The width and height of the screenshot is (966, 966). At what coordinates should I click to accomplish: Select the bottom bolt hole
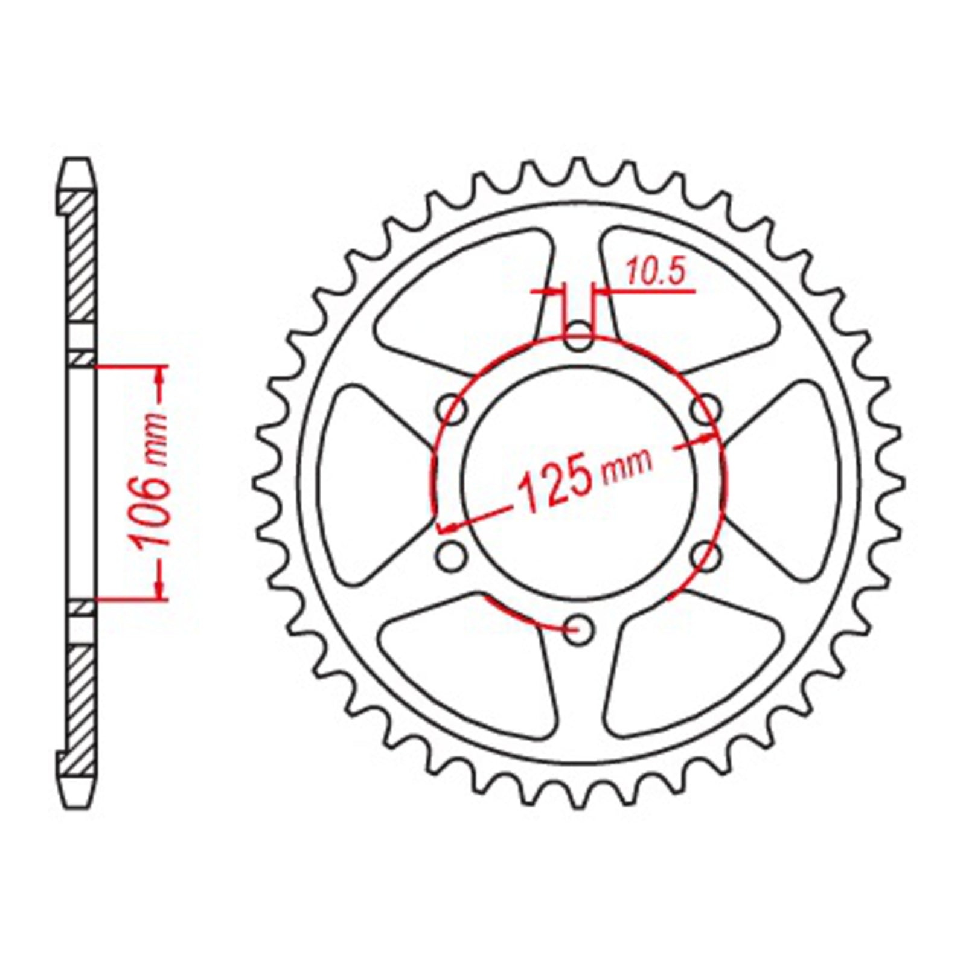[x=579, y=629]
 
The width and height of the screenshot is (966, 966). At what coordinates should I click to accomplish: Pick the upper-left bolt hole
[x=453, y=411]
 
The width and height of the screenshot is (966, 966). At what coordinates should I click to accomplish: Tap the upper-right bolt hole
[x=705, y=411]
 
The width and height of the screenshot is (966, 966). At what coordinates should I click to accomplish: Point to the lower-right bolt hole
[x=705, y=556]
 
